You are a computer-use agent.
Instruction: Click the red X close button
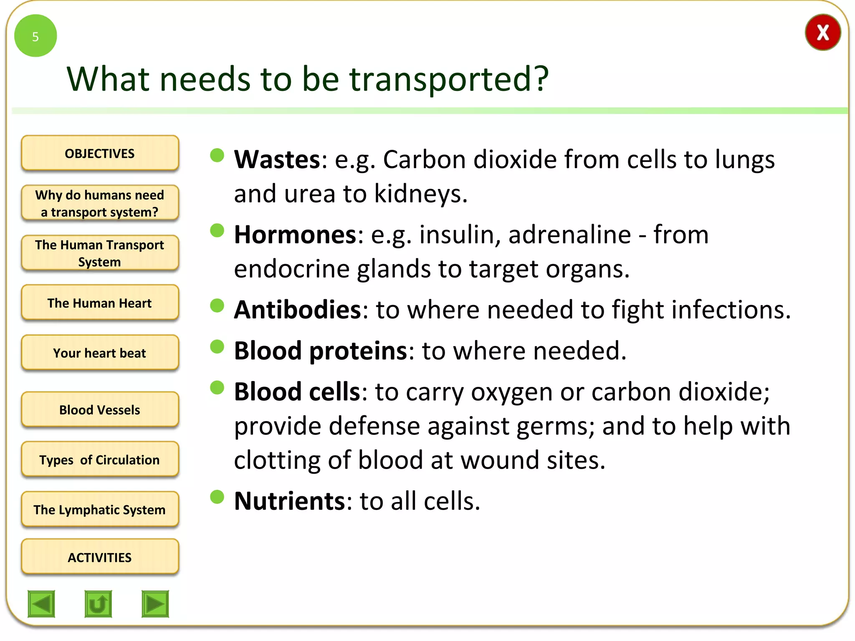822,33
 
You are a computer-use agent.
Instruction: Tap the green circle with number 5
35,36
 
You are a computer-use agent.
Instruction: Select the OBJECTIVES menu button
100,153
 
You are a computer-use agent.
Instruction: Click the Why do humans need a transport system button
100,203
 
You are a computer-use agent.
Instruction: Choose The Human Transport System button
100,253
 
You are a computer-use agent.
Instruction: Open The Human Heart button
100,303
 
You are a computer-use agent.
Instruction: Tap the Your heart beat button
100,353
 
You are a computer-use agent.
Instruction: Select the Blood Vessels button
100,409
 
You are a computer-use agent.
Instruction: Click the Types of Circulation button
100,459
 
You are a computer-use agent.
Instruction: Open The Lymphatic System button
100,510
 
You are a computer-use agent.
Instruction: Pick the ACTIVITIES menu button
100,557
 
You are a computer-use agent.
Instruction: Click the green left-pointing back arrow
41,603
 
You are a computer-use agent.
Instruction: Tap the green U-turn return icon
98,603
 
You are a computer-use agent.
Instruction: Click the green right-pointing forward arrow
155,603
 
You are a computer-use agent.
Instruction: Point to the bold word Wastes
277,159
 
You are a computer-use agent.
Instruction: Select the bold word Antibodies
298,310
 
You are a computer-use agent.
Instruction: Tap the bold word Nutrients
290,501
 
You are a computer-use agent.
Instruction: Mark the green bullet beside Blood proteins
217,346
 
